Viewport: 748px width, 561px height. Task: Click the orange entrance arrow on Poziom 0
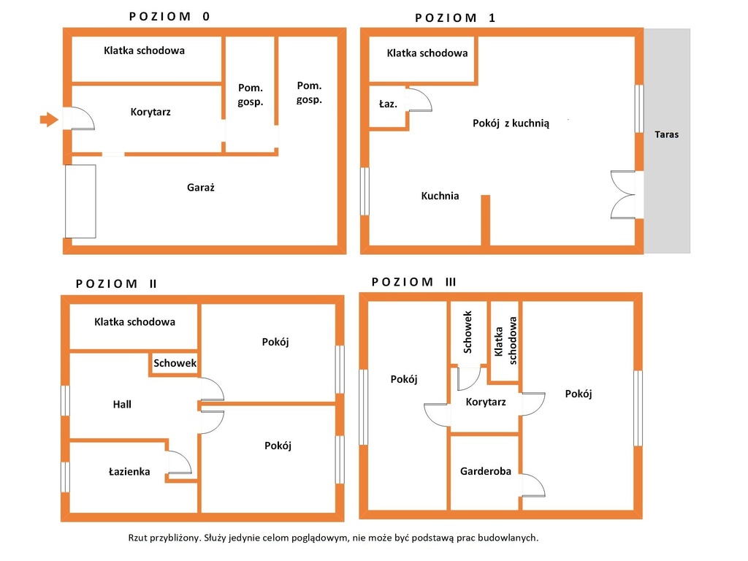click(49, 119)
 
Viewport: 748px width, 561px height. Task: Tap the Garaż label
click(200, 188)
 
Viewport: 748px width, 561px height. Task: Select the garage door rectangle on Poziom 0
click(80, 202)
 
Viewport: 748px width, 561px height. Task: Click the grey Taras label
click(666, 134)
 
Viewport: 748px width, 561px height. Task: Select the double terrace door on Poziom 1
click(623, 194)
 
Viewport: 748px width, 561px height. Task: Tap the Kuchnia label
click(440, 196)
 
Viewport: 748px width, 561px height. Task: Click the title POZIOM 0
click(169, 17)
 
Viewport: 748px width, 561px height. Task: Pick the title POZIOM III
click(414, 282)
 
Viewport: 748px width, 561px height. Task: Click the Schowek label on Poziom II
click(175, 363)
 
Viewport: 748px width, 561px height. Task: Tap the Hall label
click(122, 405)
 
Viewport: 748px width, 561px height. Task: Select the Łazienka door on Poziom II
click(180, 462)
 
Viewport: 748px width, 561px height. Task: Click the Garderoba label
click(486, 471)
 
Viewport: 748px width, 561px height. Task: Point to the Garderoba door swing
click(533, 486)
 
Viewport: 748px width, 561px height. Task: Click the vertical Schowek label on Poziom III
click(467, 332)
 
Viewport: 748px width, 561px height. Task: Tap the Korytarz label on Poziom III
click(486, 402)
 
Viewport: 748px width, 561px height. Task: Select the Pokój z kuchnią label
click(511, 123)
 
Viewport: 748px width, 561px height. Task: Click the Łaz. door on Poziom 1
click(420, 99)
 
